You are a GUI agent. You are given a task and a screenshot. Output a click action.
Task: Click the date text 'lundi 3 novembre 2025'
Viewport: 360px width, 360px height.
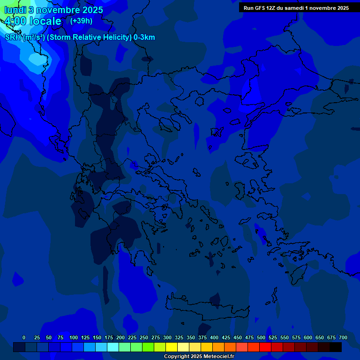coord(53,10)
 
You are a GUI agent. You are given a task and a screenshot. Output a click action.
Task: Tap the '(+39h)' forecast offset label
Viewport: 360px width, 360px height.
coord(81,21)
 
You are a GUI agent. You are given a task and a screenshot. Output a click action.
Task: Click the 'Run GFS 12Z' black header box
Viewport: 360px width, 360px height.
coord(296,8)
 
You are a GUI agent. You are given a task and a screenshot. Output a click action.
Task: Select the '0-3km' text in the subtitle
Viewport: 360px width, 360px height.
coord(144,37)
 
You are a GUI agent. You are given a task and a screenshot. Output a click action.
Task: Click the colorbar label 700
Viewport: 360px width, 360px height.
coord(343,337)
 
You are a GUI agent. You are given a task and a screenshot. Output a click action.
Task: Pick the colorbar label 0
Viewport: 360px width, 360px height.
coord(24,337)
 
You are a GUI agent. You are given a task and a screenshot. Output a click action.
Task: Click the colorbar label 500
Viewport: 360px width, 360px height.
coord(249,337)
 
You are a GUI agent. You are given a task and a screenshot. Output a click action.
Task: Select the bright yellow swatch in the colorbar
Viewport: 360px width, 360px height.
coord(172,347)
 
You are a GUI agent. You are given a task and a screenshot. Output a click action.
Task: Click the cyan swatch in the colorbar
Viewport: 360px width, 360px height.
coord(113,347)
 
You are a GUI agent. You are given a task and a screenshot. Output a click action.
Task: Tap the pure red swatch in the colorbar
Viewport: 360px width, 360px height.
coord(265,347)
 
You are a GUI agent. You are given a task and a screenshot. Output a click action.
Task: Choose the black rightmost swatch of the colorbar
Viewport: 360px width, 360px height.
coord(336,347)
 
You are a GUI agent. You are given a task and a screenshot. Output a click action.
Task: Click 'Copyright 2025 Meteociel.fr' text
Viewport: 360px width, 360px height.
coord(199,357)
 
